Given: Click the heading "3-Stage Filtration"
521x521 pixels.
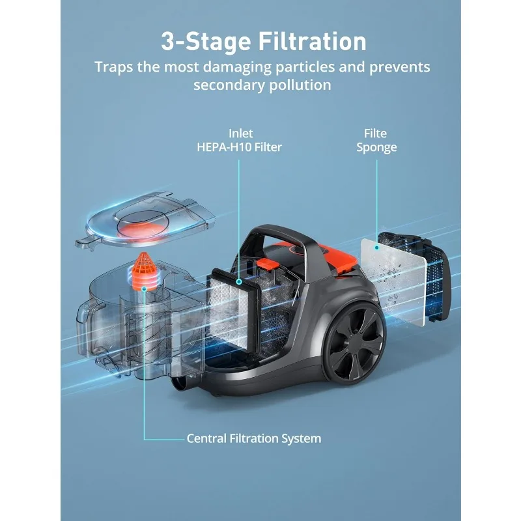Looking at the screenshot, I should [x=264, y=41].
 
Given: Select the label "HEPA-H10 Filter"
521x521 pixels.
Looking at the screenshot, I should [x=240, y=147].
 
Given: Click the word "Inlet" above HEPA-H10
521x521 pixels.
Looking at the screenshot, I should [x=240, y=134].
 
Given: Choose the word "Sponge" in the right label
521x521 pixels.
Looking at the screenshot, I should [x=377, y=147].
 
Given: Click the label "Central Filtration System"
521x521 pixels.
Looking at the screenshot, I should [x=254, y=438].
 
